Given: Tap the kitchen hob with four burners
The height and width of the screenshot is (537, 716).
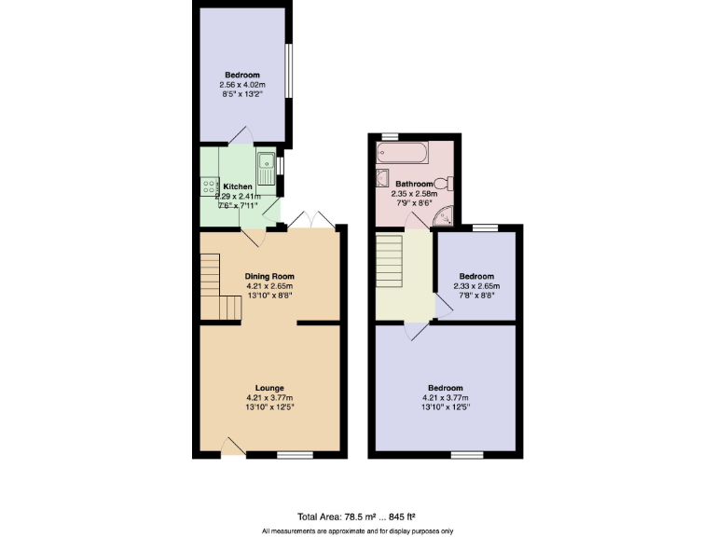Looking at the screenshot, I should (206, 187).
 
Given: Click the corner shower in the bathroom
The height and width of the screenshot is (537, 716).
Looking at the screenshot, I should (446, 217).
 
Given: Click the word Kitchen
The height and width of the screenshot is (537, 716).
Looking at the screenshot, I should (238, 186).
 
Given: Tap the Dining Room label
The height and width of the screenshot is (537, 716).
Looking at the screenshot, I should (269, 276).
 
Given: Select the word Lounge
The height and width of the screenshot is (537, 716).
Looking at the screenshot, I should (269, 388).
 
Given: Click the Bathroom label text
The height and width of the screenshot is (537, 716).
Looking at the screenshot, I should (413, 184).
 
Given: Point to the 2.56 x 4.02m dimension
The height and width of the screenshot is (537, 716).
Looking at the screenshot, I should (241, 85).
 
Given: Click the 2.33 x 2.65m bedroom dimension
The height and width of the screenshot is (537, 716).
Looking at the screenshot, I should (475, 285).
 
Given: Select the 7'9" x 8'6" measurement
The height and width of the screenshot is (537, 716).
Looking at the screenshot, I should (413, 203).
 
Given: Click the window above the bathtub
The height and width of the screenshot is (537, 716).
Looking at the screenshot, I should (390, 136).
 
